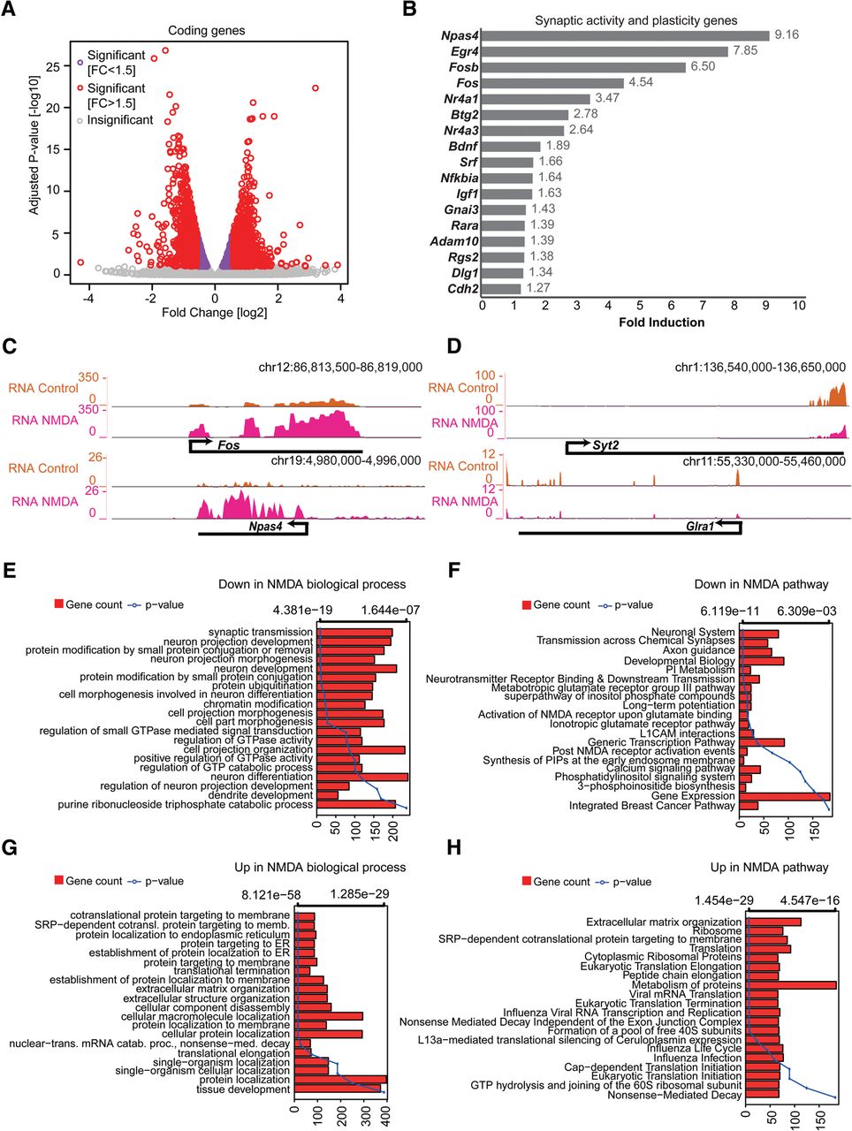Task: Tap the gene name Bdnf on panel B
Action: (463, 147)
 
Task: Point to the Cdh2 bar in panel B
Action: (502, 288)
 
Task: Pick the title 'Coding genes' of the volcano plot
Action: (206, 31)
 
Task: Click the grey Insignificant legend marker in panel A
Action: (80, 120)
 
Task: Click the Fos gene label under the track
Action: (229, 445)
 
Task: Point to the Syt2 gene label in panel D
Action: (605, 445)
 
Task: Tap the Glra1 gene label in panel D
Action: (700, 526)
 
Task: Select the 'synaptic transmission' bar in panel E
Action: (354, 632)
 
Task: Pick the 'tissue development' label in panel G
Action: (244, 1089)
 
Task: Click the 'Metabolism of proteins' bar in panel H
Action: (791, 985)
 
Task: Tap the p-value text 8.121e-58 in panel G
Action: (276, 894)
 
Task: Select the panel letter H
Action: (454, 847)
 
